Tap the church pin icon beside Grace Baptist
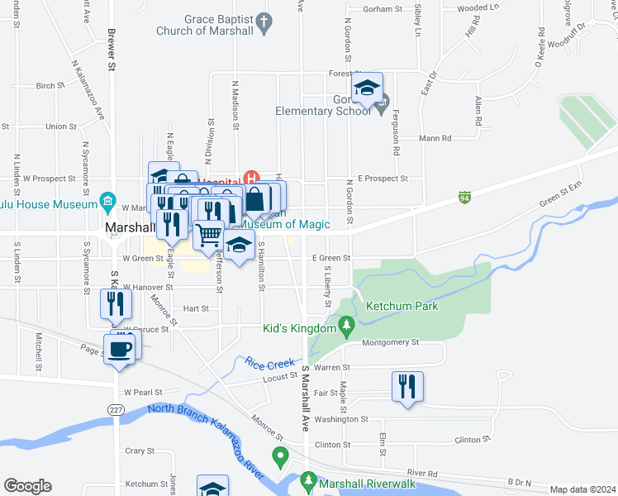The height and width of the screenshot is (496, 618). pos(264,23)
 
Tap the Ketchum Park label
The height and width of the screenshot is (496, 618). pos(402,305)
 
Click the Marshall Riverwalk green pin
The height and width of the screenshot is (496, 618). pos(308,479)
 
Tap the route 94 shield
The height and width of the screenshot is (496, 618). pos(465,198)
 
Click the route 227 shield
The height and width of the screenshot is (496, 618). pos(115,409)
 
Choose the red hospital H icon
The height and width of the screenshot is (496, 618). pos(253,178)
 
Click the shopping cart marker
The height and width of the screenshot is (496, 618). pos(208,236)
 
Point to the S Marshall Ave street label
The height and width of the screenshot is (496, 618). pos(305,397)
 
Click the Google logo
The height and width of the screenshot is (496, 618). pos(27,486)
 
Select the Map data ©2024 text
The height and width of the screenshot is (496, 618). pos(582,489)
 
